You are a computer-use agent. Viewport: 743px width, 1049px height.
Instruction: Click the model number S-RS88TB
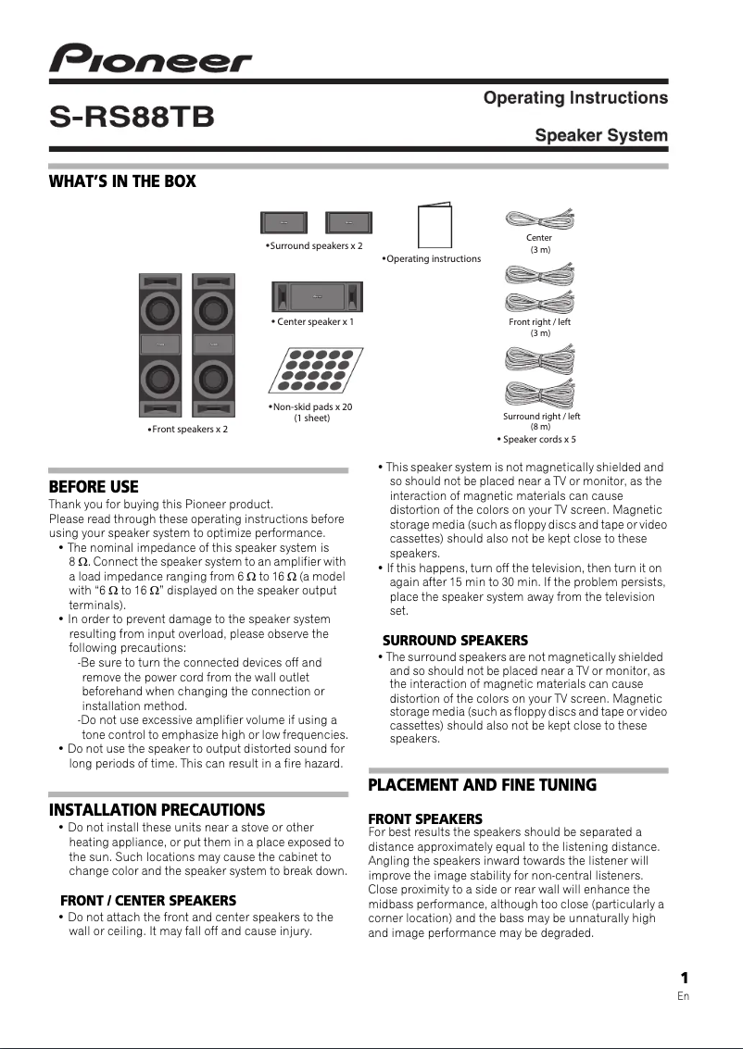coord(132,118)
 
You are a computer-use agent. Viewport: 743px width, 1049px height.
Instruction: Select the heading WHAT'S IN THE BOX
coord(122,181)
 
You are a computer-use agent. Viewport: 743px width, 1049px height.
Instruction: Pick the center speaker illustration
coord(317,296)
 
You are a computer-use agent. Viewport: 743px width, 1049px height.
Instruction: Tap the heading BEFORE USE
coord(94,487)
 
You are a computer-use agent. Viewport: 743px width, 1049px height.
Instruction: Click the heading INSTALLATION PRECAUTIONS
coord(157,810)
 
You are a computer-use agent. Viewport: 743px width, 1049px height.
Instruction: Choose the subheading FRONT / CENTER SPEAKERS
coord(148,900)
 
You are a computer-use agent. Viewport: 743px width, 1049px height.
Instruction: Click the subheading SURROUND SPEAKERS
coord(455,641)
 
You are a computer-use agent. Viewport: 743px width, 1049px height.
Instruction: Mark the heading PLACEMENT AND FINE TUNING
coord(483,785)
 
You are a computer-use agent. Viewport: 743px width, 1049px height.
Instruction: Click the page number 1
coord(684,979)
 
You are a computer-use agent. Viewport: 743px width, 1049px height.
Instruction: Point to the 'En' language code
coord(684,996)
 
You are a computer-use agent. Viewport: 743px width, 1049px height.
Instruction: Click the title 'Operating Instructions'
coord(575,98)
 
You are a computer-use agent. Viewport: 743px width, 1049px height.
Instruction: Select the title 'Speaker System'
coord(601,136)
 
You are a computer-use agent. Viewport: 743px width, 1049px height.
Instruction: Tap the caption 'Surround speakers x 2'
coord(315,246)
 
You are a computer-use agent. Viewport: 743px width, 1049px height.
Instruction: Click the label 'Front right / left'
coord(540,322)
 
